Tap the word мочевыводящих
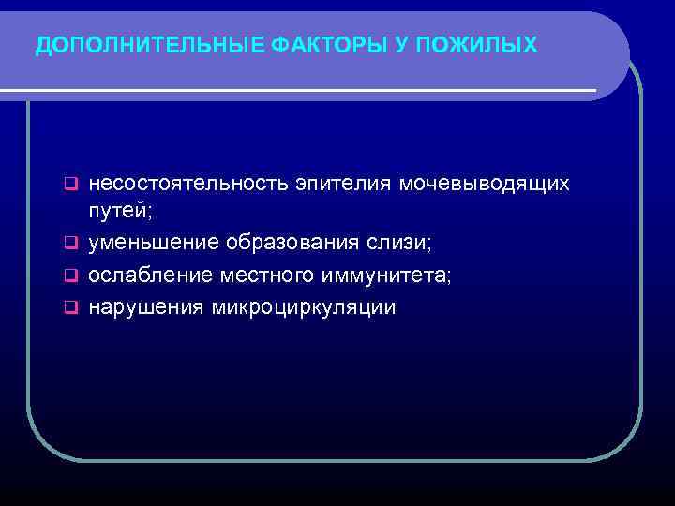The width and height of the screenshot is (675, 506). pos(485,183)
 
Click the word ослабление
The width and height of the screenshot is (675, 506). pos(150,275)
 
